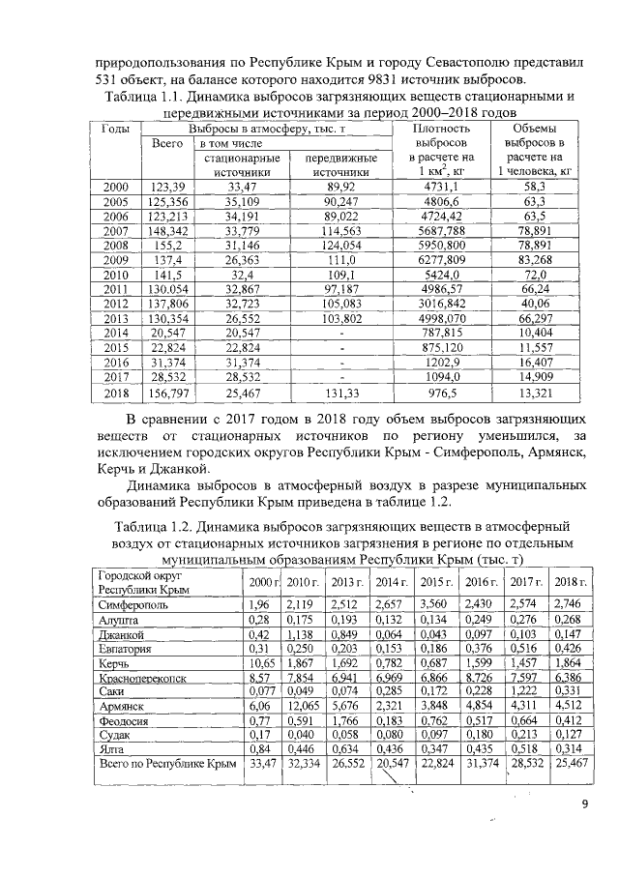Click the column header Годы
click(x=116, y=128)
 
